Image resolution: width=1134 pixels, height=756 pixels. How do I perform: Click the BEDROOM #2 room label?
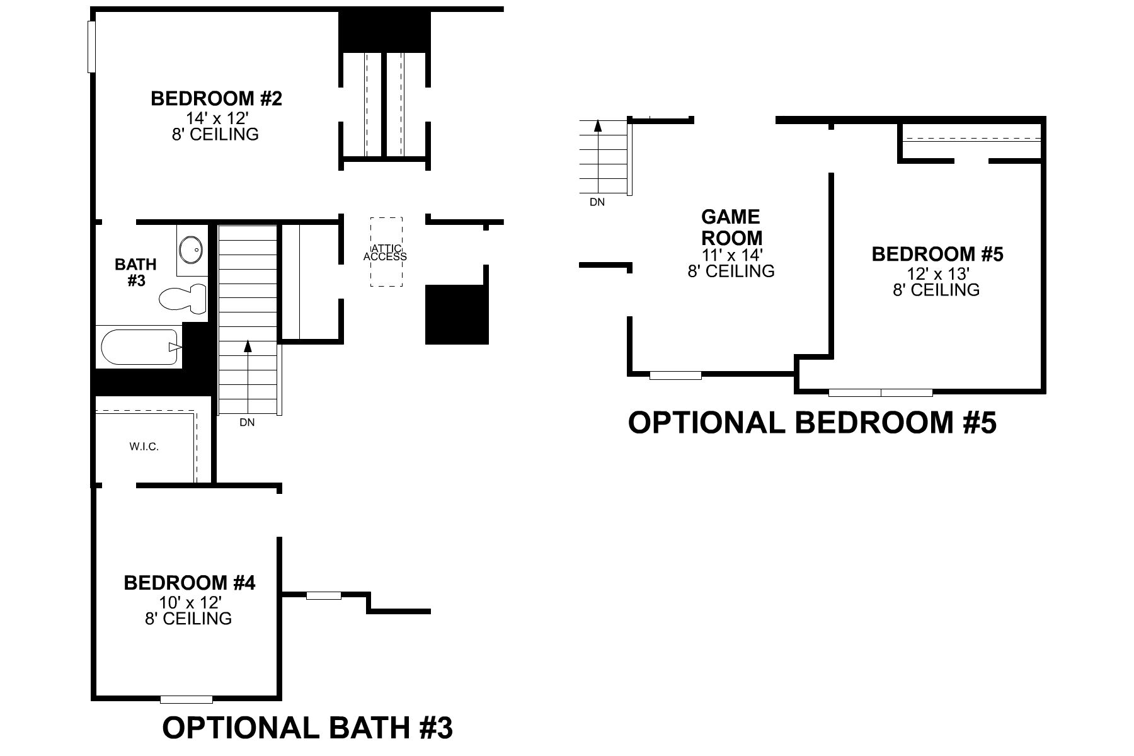216,99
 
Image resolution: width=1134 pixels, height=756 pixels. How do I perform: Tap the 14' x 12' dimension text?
214,118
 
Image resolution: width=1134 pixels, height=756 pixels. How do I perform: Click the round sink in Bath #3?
191,250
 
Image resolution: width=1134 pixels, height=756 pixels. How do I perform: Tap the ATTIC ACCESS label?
385,253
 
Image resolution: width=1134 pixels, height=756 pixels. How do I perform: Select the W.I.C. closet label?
144,447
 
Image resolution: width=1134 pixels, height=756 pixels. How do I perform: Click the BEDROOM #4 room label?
189,583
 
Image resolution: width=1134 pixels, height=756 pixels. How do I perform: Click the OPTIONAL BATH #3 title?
307,728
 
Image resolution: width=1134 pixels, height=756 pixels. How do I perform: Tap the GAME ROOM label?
731,227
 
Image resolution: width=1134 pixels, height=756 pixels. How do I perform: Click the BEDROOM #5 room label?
937,255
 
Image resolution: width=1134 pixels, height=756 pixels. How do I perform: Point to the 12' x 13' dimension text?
937,273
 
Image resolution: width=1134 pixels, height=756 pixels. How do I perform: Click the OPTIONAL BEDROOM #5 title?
813,422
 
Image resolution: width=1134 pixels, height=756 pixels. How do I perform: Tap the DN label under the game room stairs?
597,203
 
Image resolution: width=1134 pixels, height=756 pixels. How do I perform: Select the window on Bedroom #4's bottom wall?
186,699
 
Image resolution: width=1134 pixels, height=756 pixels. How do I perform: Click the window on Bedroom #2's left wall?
91,47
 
